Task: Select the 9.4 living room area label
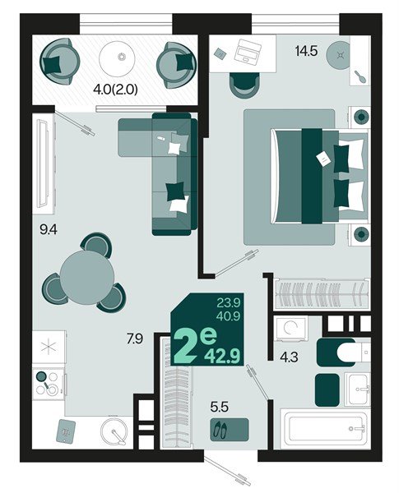pos(49,232)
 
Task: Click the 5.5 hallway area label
pos(220,405)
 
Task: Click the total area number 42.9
pos(228,354)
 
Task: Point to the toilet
pos(337,352)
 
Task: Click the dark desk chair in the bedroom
pos(244,83)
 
